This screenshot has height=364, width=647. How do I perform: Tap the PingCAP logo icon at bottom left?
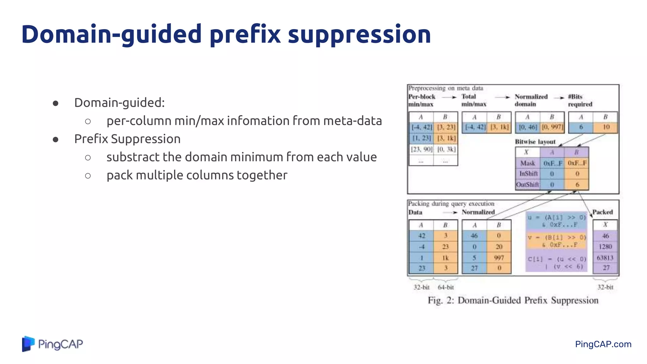pyautogui.click(x=28, y=344)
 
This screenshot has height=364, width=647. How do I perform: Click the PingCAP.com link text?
pyautogui.click(x=603, y=344)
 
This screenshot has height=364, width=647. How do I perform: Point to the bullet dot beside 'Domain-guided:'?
pyautogui.click(x=56, y=103)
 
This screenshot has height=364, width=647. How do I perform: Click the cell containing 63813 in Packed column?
pyautogui.click(x=605, y=258)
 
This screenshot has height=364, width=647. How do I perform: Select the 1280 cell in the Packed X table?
pyautogui.click(x=605, y=247)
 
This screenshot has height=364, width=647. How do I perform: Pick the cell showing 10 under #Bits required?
pyautogui.click(x=606, y=127)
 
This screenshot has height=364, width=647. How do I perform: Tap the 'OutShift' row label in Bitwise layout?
pyautogui.click(x=527, y=185)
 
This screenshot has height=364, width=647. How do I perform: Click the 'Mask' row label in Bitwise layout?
pyautogui.click(x=528, y=163)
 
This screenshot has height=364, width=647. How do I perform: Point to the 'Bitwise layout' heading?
pyautogui.click(x=535, y=142)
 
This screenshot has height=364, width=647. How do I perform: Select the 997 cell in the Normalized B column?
pyautogui.click(x=499, y=258)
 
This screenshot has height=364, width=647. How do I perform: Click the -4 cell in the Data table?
pyautogui.click(x=421, y=247)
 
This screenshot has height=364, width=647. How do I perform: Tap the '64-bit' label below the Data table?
pyautogui.click(x=445, y=287)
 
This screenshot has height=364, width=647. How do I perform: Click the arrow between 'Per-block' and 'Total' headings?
pyautogui.click(x=449, y=97)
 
